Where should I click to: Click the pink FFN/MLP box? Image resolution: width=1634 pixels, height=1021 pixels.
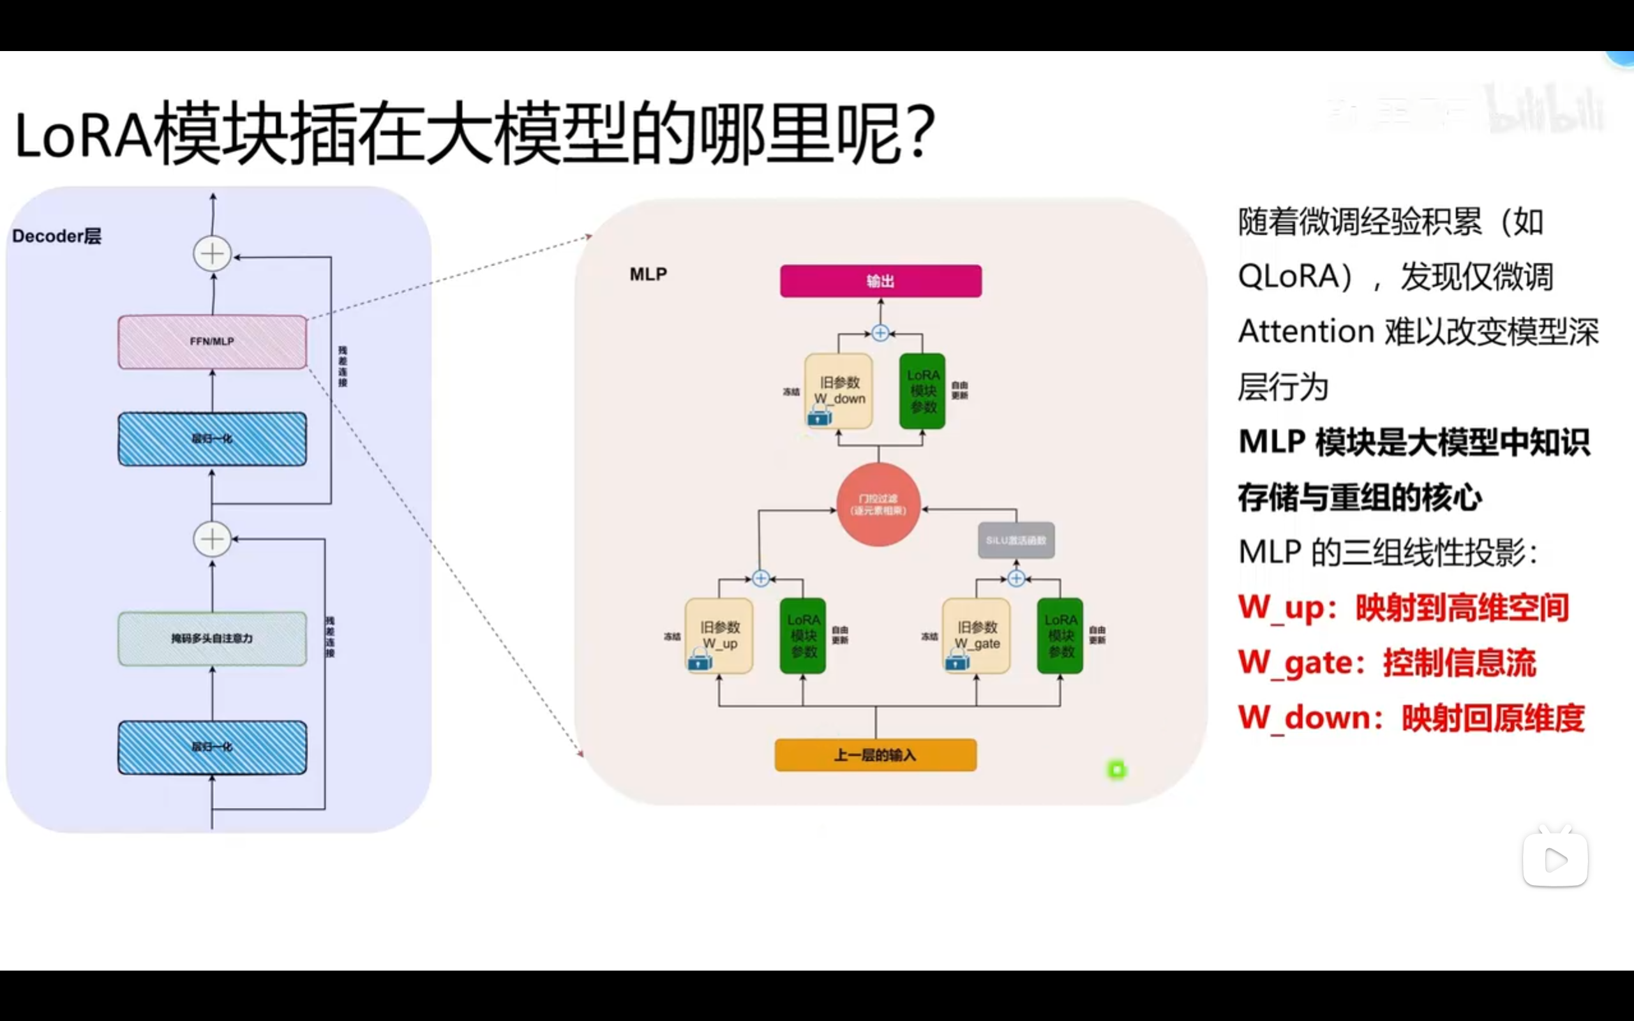212,341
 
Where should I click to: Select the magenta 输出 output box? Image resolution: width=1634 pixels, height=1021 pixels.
880,281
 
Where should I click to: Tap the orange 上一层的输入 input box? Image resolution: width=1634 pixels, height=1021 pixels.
875,755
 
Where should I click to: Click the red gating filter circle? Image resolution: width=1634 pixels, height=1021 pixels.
878,504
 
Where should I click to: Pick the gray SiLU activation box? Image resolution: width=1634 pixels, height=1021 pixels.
1016,540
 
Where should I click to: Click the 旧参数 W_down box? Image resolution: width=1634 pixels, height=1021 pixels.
839,391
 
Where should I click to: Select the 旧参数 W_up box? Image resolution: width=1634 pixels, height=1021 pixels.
719,635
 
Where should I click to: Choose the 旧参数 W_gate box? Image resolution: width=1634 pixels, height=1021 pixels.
977,635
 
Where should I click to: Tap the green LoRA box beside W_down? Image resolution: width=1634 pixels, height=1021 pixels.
922,391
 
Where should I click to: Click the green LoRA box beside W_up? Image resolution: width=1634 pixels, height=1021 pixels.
803,635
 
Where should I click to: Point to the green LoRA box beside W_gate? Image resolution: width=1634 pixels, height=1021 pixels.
1060,635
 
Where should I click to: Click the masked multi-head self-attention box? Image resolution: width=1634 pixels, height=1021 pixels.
212,638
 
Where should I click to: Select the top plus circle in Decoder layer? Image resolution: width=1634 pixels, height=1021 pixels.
212,254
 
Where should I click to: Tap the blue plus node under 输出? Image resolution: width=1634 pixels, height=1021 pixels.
880,333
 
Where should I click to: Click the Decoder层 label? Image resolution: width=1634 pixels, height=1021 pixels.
57,236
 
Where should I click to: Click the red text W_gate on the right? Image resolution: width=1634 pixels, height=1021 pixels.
1294,662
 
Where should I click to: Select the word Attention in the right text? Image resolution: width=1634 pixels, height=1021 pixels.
1306,332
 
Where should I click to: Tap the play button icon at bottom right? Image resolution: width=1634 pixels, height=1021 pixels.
1555,860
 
